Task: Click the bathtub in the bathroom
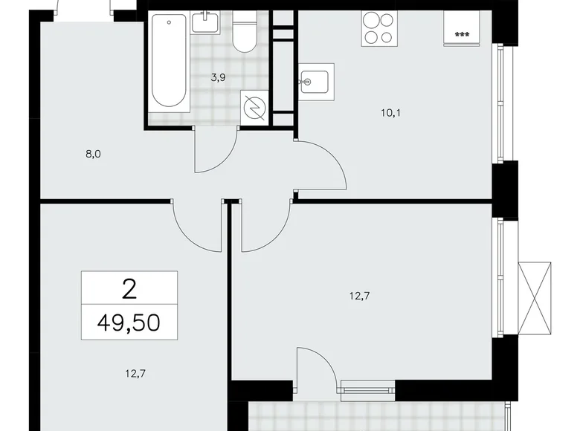point(169,64)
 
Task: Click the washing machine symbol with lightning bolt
point(255,108)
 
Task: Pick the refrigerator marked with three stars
point(460,30)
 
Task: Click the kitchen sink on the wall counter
point(316,80)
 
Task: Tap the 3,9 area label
point(219,77)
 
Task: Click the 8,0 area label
point(92,155)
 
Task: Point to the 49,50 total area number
point(129,323)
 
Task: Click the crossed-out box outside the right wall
point(535,289)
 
